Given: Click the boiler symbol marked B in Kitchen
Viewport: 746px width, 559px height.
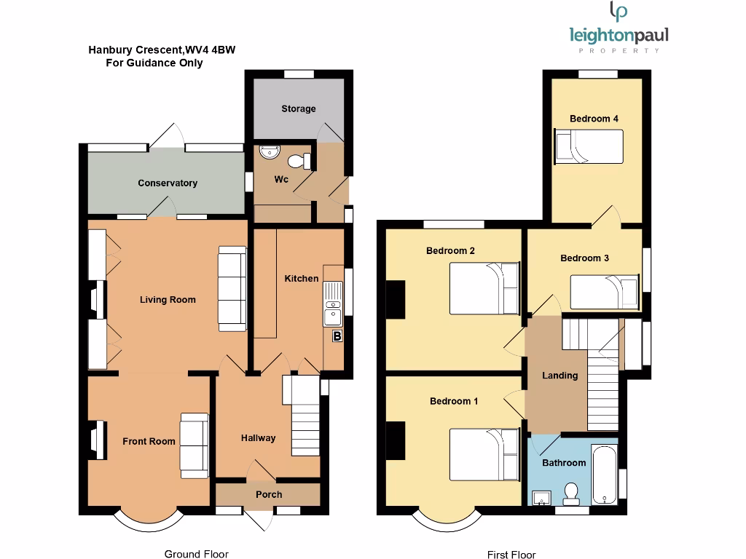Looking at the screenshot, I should (x=337, y=336).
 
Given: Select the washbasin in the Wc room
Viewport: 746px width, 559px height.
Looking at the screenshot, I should (x=269, y=151).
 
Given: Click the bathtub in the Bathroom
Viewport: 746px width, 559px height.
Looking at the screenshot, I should (x=604, y=473).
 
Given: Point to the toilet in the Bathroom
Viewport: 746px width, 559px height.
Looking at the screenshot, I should (x=571, y=494).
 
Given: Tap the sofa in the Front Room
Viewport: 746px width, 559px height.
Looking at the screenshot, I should (x=195, y=445).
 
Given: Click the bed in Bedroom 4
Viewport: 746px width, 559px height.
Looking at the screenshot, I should (x=589, y=147).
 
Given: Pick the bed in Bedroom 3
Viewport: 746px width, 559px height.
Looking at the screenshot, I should (x=605, y=292).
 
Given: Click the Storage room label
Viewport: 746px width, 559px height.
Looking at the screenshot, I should (x=299, y=108).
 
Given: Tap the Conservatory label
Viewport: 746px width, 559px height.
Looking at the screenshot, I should (x=168, y=183).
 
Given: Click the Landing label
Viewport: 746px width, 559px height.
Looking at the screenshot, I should (x=559, y=376).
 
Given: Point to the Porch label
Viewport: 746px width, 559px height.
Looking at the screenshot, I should (x=269, y=494).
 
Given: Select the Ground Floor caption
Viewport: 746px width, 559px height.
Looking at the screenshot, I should (x=192, y=554).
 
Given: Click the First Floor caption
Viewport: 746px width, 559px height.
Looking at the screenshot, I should (x=511, y=555).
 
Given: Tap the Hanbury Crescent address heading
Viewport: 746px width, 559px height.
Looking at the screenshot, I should (x=162, y=50).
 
